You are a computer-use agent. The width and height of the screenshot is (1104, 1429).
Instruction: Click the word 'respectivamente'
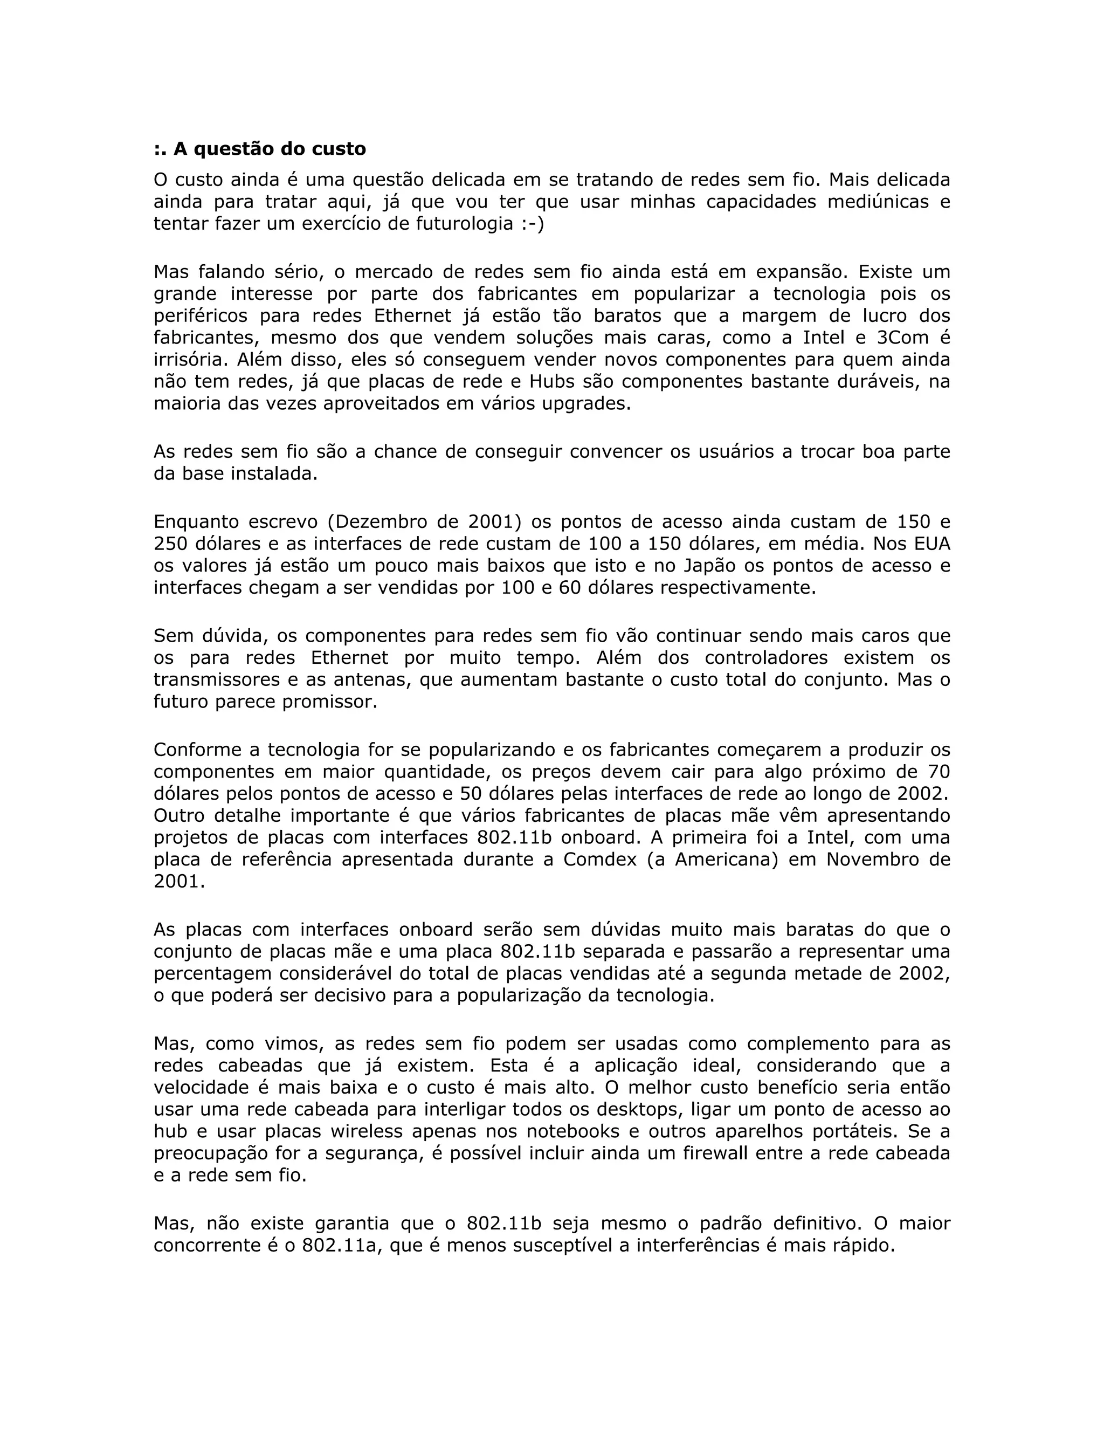(737, 588)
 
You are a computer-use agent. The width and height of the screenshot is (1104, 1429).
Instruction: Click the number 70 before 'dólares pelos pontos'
(938, 772)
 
